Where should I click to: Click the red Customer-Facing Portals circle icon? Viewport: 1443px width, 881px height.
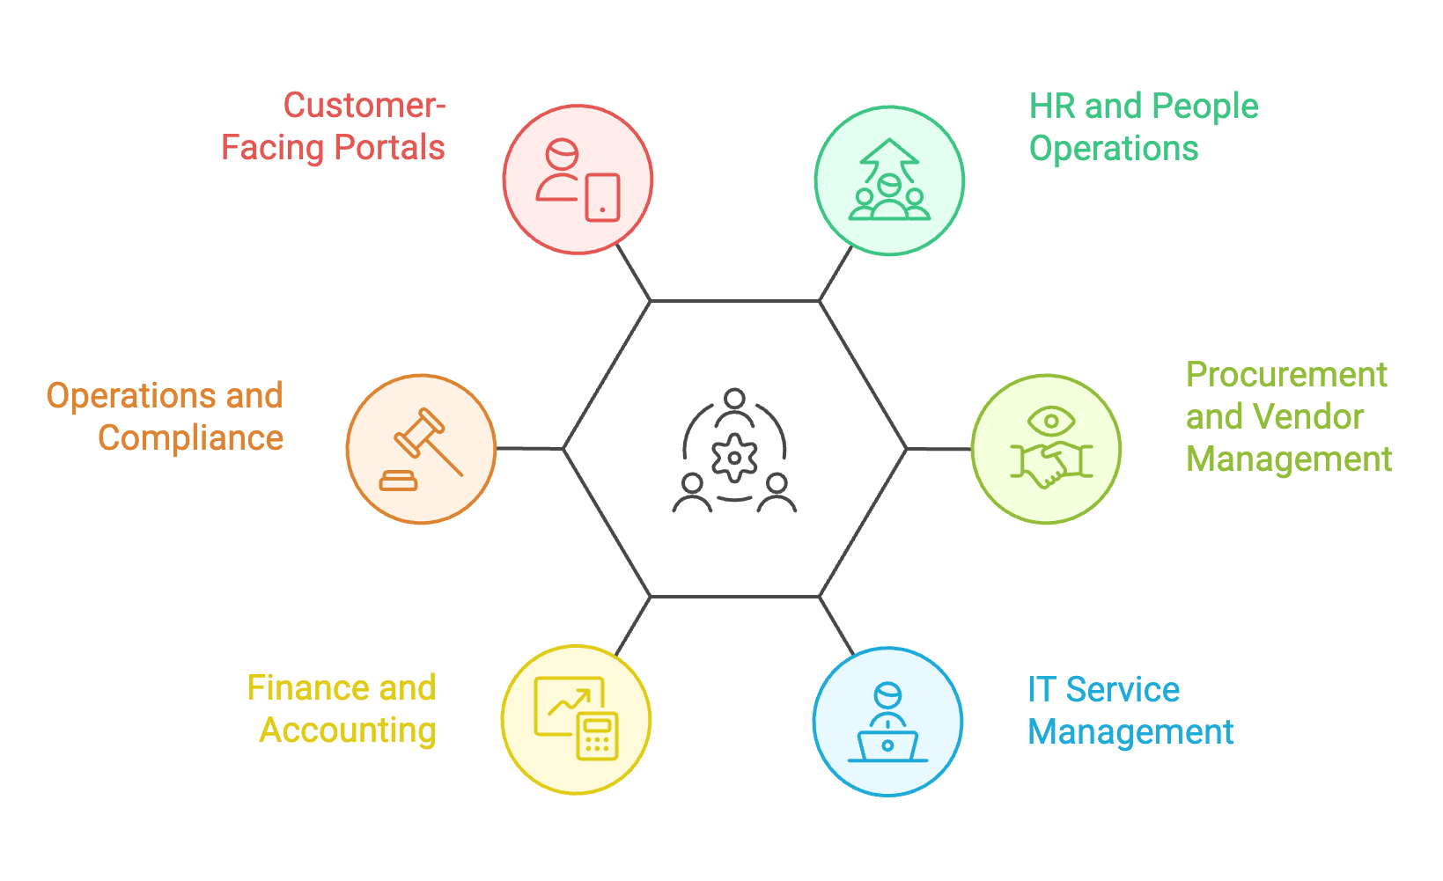578,180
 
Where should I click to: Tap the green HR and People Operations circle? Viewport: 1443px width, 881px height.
889,180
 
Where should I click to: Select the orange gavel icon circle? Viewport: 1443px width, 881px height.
421,449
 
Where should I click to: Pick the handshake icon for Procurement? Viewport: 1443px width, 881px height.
1050,464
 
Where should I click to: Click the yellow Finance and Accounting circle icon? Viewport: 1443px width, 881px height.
576,720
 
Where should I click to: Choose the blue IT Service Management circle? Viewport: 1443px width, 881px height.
887,722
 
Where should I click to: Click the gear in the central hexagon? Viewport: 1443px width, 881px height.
734,458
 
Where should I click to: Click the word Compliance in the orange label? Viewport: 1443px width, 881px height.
191,438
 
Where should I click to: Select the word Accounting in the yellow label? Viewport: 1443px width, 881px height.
348,730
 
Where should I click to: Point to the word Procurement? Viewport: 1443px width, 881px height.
1286,376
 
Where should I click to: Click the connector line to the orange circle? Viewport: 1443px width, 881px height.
529,449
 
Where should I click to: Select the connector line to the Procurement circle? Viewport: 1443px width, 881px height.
939,449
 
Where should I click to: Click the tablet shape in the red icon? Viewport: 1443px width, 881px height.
602,197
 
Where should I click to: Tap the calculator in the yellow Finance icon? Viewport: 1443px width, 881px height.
598,736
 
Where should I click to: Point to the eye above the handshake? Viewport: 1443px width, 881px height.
1050,420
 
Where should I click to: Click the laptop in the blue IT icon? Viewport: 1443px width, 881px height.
887,746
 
